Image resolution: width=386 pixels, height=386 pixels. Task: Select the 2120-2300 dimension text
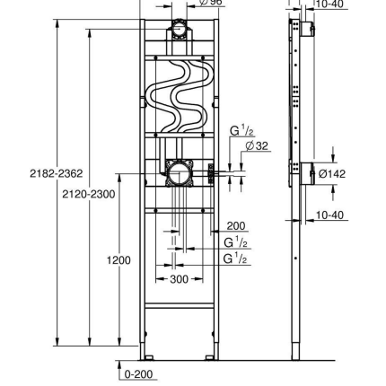point(88,193)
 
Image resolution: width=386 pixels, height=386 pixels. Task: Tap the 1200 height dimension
point(118,260)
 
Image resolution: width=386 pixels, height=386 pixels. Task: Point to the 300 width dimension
point(180,280)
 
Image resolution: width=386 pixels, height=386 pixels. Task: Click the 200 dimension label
point(235,227)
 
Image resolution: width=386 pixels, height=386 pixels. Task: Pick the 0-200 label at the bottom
point(139,373)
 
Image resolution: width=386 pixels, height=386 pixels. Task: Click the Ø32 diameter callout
point(245,145)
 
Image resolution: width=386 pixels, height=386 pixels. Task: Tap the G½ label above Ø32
point(241,131)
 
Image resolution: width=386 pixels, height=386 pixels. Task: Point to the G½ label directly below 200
point(235,242)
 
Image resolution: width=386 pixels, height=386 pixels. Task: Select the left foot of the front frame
point(144,352)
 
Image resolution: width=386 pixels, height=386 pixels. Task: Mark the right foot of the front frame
point(212,352)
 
